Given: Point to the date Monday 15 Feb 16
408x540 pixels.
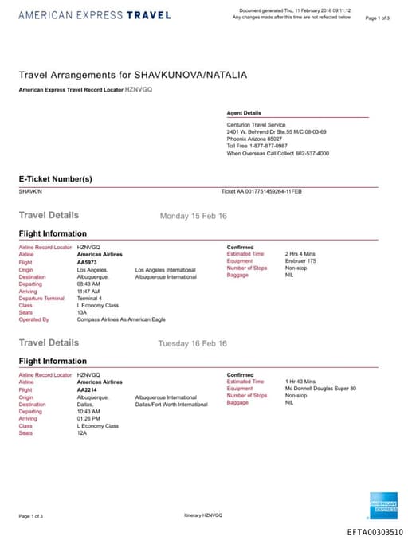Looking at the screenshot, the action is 194,216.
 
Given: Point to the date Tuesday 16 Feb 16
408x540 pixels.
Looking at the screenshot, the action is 194,343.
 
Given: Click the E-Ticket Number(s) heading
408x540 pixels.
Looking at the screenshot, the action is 55,178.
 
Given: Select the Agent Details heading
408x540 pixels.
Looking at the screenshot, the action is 244,113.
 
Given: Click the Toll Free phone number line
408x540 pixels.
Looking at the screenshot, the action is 257,146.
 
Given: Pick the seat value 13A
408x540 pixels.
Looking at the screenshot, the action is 82,312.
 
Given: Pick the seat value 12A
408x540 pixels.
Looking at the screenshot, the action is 82,432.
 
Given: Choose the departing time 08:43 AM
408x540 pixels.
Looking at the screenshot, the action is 89,284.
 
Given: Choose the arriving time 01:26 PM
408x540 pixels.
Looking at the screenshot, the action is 89,418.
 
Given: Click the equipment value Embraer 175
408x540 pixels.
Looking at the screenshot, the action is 302,261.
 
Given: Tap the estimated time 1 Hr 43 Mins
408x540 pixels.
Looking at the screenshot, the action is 300,382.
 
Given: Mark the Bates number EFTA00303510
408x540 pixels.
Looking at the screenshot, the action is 375,531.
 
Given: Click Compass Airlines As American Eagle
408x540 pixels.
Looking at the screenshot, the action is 122,319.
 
